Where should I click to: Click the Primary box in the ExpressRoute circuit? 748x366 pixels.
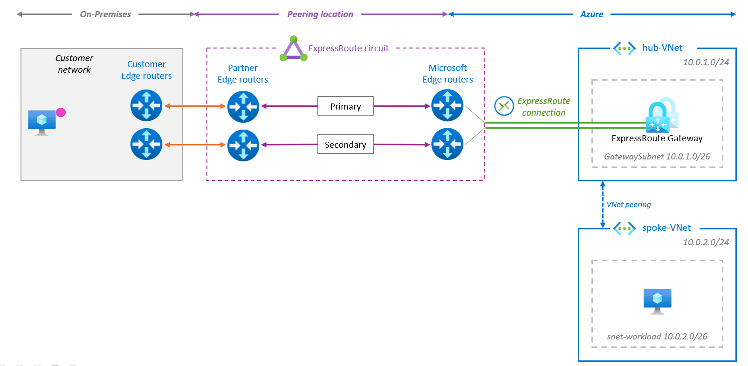point(345,106)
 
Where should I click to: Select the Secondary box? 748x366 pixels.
point(345,145)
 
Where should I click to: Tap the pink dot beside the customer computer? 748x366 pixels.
point(61,112)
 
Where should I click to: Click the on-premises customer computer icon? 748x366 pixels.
point(41,122)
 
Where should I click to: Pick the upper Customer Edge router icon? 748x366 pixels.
point(146,106)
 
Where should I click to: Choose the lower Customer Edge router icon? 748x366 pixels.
point(146,144)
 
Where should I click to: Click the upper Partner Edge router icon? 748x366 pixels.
point(243,107)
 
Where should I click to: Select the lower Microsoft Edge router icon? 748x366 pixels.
point(447,144)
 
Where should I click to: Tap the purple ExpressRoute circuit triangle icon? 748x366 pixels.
point(294,49)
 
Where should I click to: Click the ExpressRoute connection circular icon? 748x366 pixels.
point(504,106)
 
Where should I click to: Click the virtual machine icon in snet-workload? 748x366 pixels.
point(657,301)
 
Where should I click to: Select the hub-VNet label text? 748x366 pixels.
point(662,48)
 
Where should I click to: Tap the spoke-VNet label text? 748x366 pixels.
point(666,228)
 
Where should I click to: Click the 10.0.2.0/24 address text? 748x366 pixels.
point(706,242)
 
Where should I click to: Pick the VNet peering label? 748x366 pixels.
point(628,204)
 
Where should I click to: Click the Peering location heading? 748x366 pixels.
point(320,14)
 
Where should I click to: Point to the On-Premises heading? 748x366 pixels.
point(105,14)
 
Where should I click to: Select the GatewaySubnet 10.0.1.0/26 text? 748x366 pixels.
point(657,157)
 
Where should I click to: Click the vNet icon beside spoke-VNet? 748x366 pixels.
point(624,228)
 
